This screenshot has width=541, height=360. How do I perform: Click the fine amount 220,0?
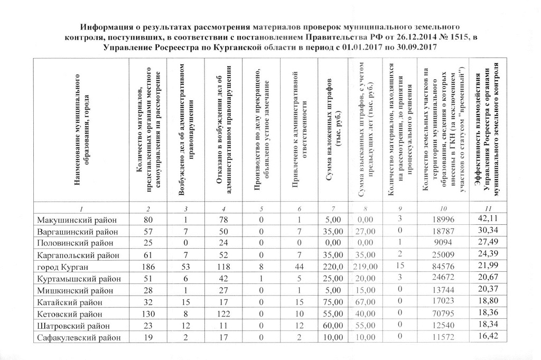coord(331,266)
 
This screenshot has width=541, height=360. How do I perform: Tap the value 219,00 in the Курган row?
coord(366,266)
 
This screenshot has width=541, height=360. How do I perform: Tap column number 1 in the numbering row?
coord(81,207)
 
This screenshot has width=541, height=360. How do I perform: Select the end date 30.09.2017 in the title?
coord(411,48)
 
